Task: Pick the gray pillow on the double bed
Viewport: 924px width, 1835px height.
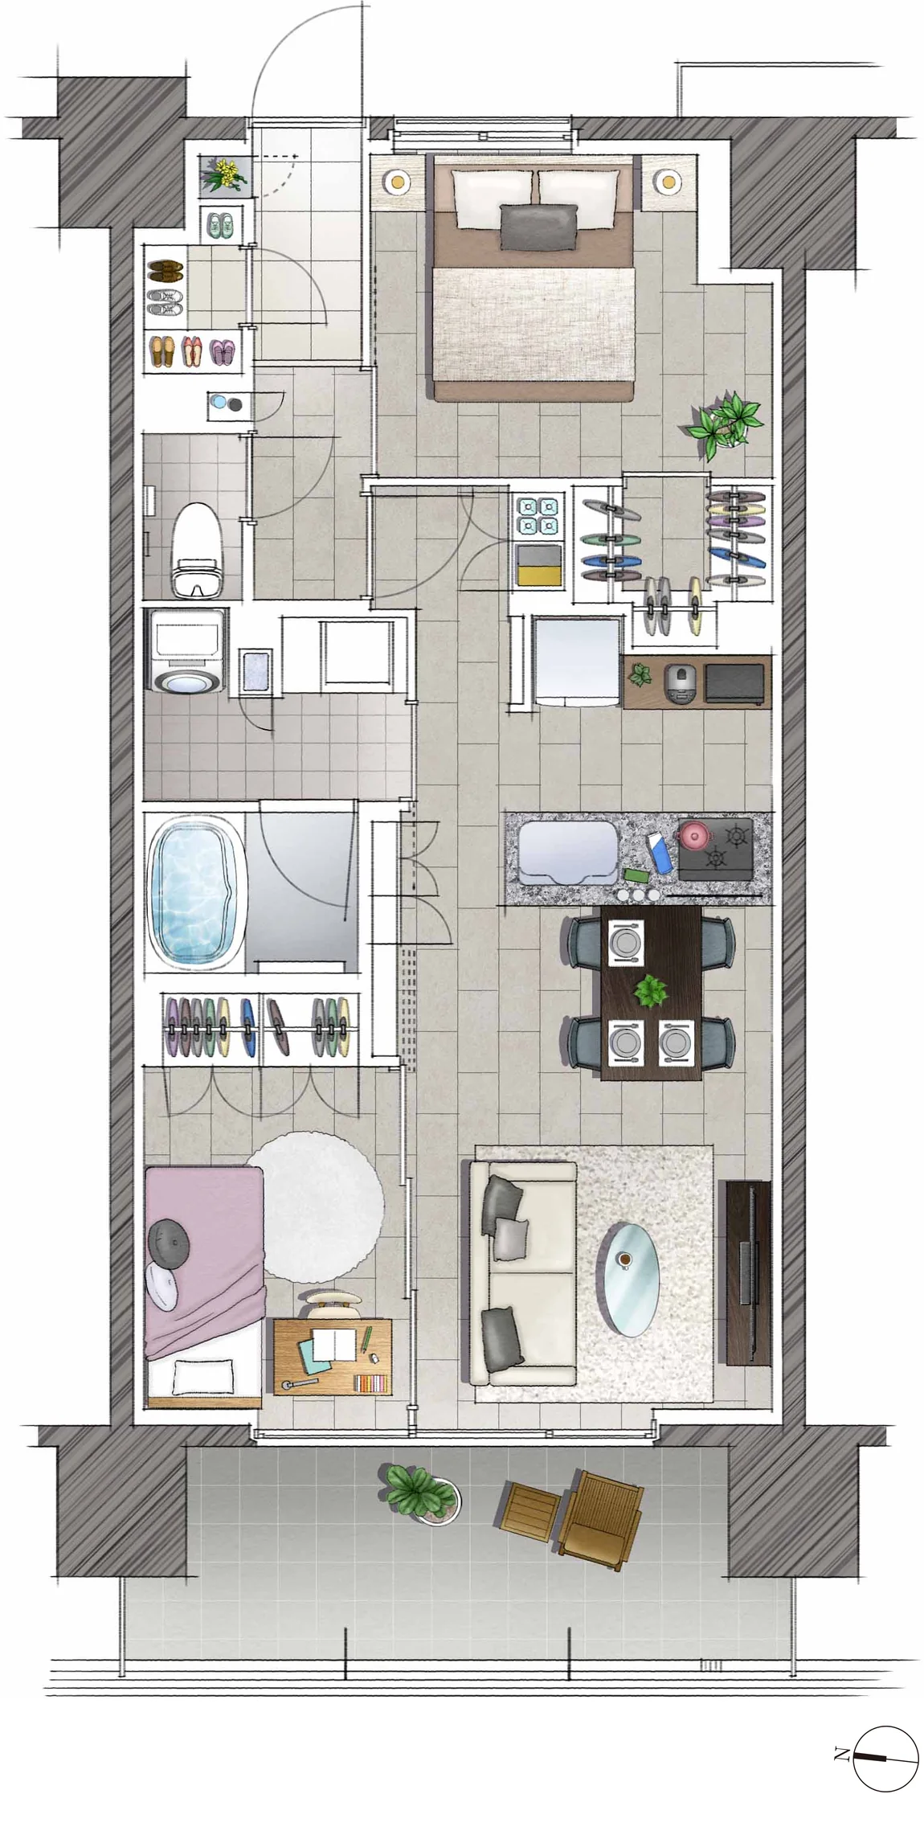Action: tap(539, 227)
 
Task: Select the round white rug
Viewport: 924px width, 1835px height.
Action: tap(316, 1206)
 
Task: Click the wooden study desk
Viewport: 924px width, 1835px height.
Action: tap(333, 1357)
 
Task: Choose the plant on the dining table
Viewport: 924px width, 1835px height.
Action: tap(651, 991)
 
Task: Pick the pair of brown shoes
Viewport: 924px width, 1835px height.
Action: tap(166, 269)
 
